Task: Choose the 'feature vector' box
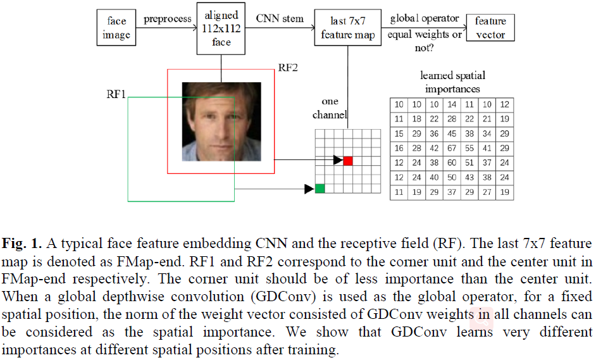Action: click(490, 27)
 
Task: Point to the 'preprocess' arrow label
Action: click(167, 18)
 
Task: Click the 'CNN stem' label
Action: click(279, 18)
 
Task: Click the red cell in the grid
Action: click(348, 161)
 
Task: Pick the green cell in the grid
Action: click(320, 188)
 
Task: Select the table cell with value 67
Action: click(451, 147)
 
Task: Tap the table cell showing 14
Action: click(451, 104)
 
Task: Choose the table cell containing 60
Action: click(451, 163)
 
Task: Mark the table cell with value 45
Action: click(451, 133)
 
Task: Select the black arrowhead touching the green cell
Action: click(310, 188)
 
